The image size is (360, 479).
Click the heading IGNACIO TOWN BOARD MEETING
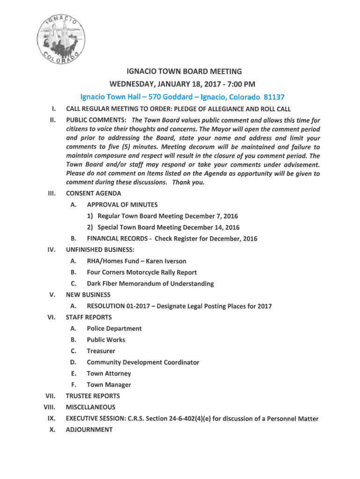185,72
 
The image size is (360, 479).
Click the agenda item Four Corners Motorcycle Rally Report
142,272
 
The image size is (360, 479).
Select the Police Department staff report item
114,328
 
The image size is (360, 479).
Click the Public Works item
106,340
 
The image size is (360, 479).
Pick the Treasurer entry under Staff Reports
101,351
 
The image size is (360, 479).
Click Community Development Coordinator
143,362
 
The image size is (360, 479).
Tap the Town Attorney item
108,373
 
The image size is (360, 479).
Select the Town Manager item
108,385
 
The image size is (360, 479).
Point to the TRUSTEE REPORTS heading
93,396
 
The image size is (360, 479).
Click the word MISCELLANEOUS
90,407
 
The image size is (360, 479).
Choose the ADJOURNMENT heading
89,429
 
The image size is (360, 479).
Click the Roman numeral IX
52,418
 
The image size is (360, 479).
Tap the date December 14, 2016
211,227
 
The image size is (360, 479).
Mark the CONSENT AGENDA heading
94,193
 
